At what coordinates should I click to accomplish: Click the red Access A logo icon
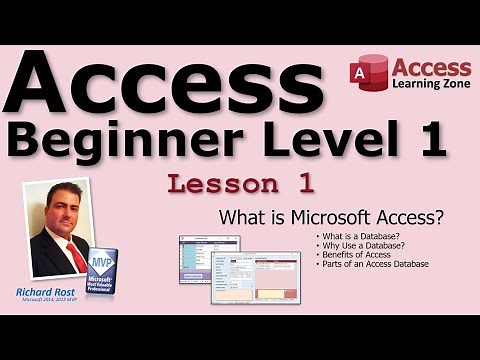click(367, 74)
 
